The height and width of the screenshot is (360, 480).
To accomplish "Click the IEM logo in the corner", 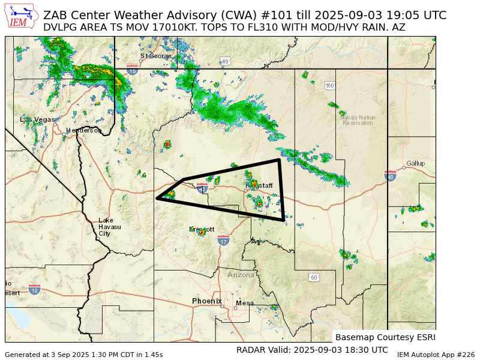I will [x=22, y=16].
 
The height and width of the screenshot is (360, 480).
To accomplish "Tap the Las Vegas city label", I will [x=37, y=119].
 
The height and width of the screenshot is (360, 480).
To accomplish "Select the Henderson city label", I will [x=84, y=130].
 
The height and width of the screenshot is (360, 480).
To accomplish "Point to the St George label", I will [x=156, y=56].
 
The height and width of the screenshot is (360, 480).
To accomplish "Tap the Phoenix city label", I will [x=207, y=301].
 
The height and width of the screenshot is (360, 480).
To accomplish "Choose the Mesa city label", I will [x=244, y=303].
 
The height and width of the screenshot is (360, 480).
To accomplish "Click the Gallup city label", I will [x=415, y=163].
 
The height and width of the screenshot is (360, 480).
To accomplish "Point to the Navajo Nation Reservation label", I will [x=358, y=120].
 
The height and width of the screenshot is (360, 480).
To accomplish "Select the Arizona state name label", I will [x=241, y=275].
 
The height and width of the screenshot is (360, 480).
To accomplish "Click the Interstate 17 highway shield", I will [x=224, y=241].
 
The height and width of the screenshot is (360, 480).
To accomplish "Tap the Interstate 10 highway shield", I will [x=34, y=290].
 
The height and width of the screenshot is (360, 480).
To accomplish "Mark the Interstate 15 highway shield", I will [x=133, y=70].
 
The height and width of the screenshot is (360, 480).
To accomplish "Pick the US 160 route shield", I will [x=329, y=86].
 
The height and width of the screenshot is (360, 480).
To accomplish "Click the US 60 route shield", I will [x=314, y=277].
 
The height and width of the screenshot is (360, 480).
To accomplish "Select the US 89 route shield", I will [x=225, y=62].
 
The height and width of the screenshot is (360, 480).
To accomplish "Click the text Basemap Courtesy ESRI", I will [x=385, y=337].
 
